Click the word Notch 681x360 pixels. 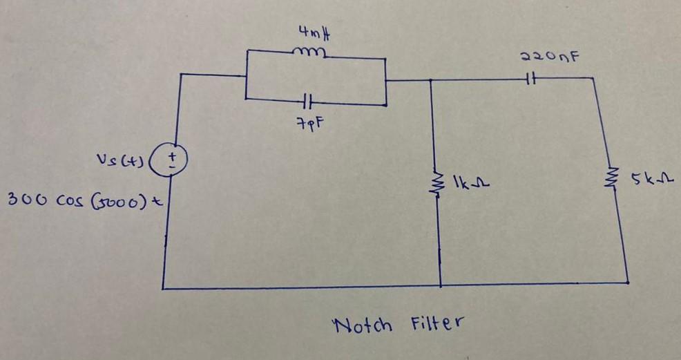[362, 323]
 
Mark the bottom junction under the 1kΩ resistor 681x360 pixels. [441, 285]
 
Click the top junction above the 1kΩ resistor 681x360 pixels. [431, 80]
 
